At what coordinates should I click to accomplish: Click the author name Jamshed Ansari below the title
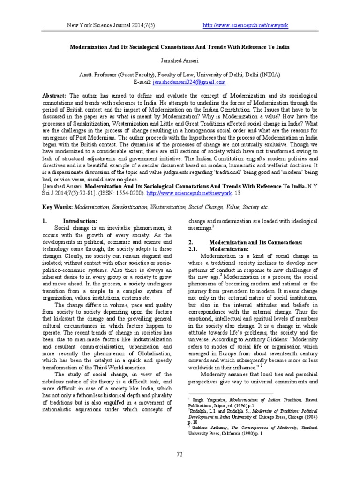180,60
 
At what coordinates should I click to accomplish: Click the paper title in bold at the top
180,48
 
